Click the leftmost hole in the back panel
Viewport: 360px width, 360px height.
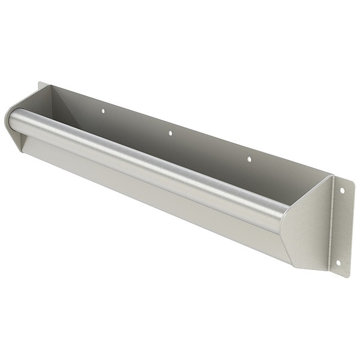[x=102, y=111]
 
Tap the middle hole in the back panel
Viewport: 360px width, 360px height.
[x=170, y=133]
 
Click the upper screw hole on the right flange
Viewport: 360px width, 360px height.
[x=343, y=191]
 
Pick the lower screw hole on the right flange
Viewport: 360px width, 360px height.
[x=337, y=262]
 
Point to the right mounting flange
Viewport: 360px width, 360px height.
[x=340, y=228]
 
